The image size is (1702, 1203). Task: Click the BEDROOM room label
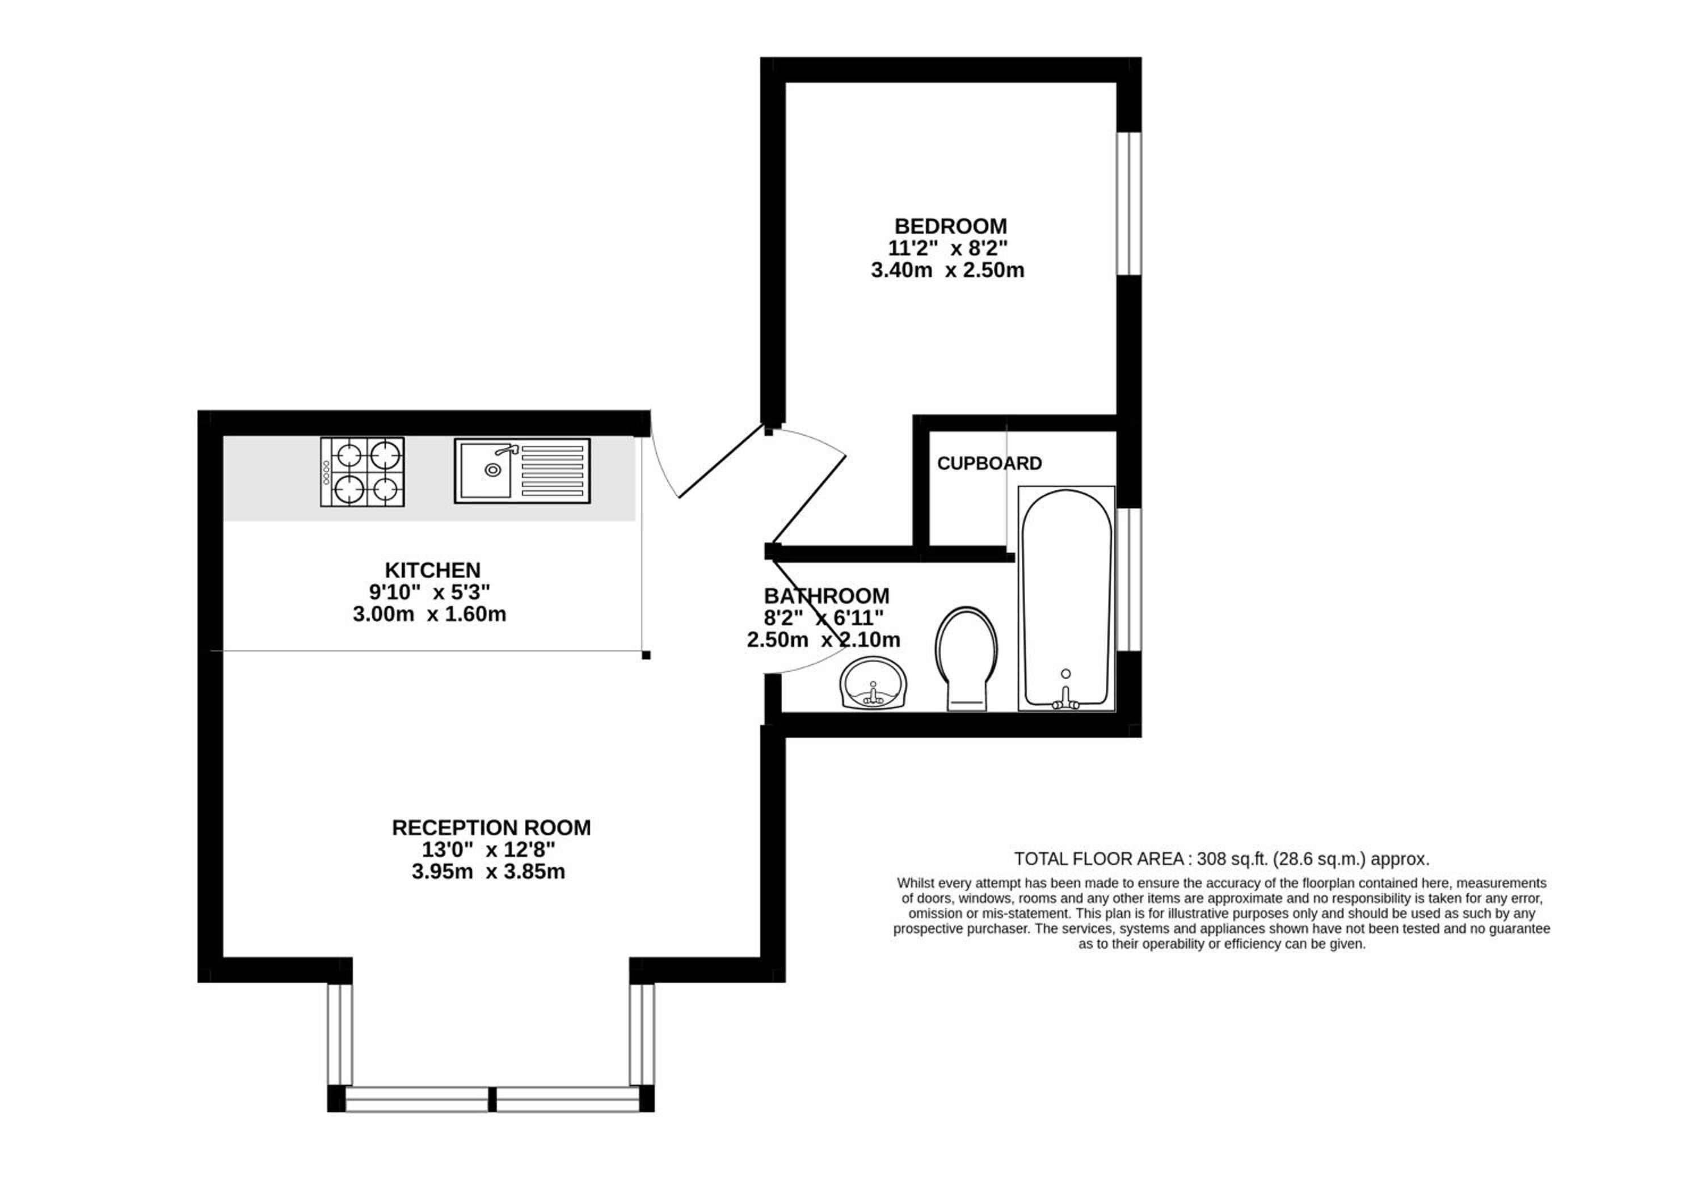tap(950, 226)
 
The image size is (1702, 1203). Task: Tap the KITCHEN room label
tap(432, 570)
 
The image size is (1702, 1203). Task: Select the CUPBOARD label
tap(989, 463)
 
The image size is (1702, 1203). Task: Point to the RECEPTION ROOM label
tap(491, 827)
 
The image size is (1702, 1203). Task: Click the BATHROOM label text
tap(827, 596)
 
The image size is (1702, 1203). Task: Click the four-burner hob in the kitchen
tap(363, 472)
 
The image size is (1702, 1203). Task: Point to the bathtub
tap(1066, 598)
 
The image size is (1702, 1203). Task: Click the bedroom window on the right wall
tap(1129, 203)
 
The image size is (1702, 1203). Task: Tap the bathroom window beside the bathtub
tap(1129, 579)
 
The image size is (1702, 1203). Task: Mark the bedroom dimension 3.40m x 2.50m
tap(947, 270)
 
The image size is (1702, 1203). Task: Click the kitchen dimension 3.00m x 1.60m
tap(429, 615)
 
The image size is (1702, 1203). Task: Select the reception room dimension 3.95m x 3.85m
tap(488, 871)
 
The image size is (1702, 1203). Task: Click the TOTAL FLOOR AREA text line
tap(1221, 859)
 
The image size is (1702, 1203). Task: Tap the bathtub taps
tap(1066, 697)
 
